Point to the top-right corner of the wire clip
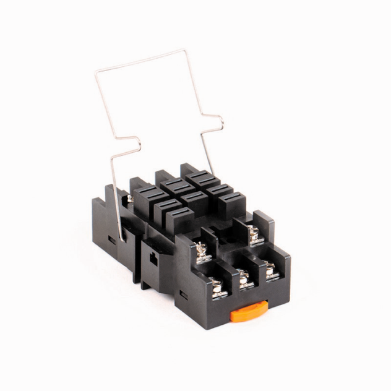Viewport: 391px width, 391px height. pyautogui.click(x=184, y=51)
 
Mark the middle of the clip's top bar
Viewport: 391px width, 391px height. pyautogui.click(x=140, y=62)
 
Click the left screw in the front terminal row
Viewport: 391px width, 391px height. pyautogui.click(x=216, y=286)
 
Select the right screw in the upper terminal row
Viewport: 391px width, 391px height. pyautogui.click(x=253, y=233)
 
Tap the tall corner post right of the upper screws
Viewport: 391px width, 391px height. pyautogui.click(x=264, y=224)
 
